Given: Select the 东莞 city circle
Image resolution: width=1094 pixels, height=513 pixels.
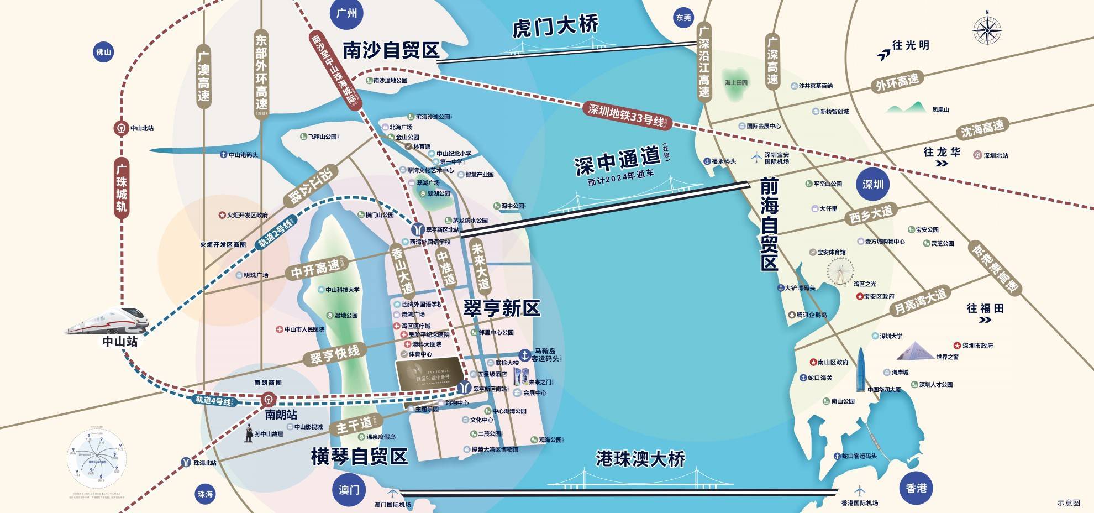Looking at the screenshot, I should pyautogui.click(x=683, y=18).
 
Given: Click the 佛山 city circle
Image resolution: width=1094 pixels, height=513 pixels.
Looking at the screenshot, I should pyautogui.click(x=104, y=53).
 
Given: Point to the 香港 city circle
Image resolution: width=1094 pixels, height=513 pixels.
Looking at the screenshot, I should pyautogui.click(x=916, y=488).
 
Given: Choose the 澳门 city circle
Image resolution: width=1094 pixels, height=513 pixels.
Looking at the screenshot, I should pyautogui.click(x=349, y=490).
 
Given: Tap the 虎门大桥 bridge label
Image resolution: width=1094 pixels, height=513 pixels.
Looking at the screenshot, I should pyautogui.click(x=555, y=27).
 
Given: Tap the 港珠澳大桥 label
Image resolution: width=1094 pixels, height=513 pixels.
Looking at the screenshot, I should pyautogui.click(x=640, y=458).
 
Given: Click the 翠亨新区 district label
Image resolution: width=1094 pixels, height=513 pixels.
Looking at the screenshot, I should pyautogui.click(x=501, y=308).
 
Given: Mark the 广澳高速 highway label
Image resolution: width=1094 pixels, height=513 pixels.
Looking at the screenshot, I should pyautogui.click(x=204, y=77).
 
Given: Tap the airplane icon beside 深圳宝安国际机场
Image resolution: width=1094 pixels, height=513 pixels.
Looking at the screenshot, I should pyautogui.click(x=756, y=158).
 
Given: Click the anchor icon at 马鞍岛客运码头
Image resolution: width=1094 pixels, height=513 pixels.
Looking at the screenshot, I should pyautogui.click(x=523, y=354).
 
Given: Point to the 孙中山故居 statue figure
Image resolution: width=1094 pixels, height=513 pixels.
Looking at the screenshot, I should pyautogui.click(x=249, y=433).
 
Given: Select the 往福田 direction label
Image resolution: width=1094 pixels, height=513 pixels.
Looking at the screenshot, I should pyautogui.click(x=985, y=308).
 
